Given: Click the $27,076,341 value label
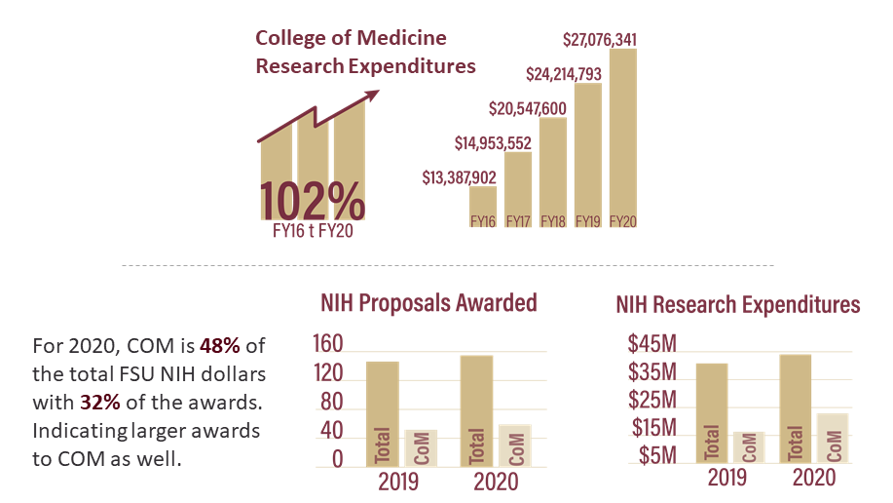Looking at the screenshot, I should pyautogui.click(x=600, y=40).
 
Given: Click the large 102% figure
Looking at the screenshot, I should pyautogui.click(x=312, y=201).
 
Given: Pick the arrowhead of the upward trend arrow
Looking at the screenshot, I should pyautogui.click(x=372, y=96).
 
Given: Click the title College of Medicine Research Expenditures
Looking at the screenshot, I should pyautogui.click(x=364, y=52).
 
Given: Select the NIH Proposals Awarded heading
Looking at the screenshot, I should pyautogui.click(x=428, y=303).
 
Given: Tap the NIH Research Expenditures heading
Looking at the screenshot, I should pyautogui.click(x=737, y=305).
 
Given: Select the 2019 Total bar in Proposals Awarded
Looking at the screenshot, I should pyautogui.click(x=381, y=413).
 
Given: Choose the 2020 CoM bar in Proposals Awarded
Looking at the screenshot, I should pyautogui.click(x=515, y=445).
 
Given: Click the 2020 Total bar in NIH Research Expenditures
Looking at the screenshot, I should pyautogui.click(x=795, y=407).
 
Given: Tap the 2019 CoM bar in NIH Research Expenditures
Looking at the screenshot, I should pyautogui.click(x=749, y=446).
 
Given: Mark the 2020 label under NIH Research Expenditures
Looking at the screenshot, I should pyautogui.click(x=813, y=479).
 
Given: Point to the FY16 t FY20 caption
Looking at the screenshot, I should pyautogui.click(x=313, y=235).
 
